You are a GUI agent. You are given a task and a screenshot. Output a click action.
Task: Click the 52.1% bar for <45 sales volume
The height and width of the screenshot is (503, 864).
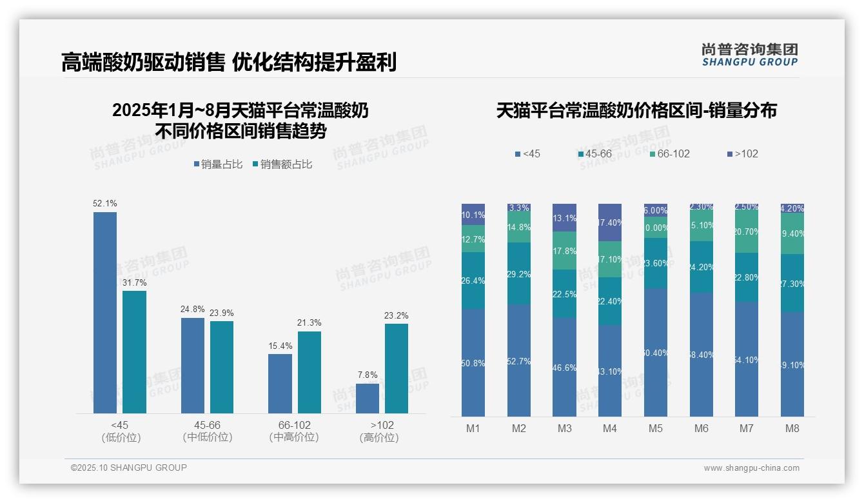105,313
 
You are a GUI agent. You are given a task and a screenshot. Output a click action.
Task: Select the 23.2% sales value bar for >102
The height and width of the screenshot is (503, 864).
397,368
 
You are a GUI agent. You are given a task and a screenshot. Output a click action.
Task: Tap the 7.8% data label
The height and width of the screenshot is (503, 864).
367,375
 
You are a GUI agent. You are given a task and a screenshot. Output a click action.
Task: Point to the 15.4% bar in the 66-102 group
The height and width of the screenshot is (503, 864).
280,384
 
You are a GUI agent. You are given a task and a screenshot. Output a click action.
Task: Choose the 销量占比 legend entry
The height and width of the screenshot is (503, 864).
218,164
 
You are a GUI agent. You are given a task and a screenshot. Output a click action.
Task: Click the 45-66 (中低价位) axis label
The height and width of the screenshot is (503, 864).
207,431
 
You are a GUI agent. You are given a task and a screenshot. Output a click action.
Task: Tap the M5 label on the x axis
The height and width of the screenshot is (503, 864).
656,429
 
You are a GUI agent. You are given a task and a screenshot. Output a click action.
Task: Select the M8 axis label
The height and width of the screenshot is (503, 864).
792,429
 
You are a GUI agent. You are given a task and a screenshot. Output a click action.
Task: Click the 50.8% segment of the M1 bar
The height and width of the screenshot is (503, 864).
473,362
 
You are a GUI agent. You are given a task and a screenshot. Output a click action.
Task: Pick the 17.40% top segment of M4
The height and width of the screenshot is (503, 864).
610,222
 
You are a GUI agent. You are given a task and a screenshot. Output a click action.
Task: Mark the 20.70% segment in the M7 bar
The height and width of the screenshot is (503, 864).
747,232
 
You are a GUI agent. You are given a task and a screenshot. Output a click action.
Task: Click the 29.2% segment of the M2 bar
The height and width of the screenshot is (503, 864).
519,274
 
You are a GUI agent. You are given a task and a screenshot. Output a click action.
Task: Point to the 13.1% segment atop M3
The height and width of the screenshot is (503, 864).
565,218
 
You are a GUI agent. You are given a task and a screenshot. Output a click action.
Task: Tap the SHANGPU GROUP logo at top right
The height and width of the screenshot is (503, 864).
749,54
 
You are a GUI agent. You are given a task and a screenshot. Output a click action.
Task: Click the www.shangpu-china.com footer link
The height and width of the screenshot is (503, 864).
751,468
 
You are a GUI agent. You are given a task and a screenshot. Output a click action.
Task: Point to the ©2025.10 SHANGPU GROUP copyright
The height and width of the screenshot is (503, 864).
129,468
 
